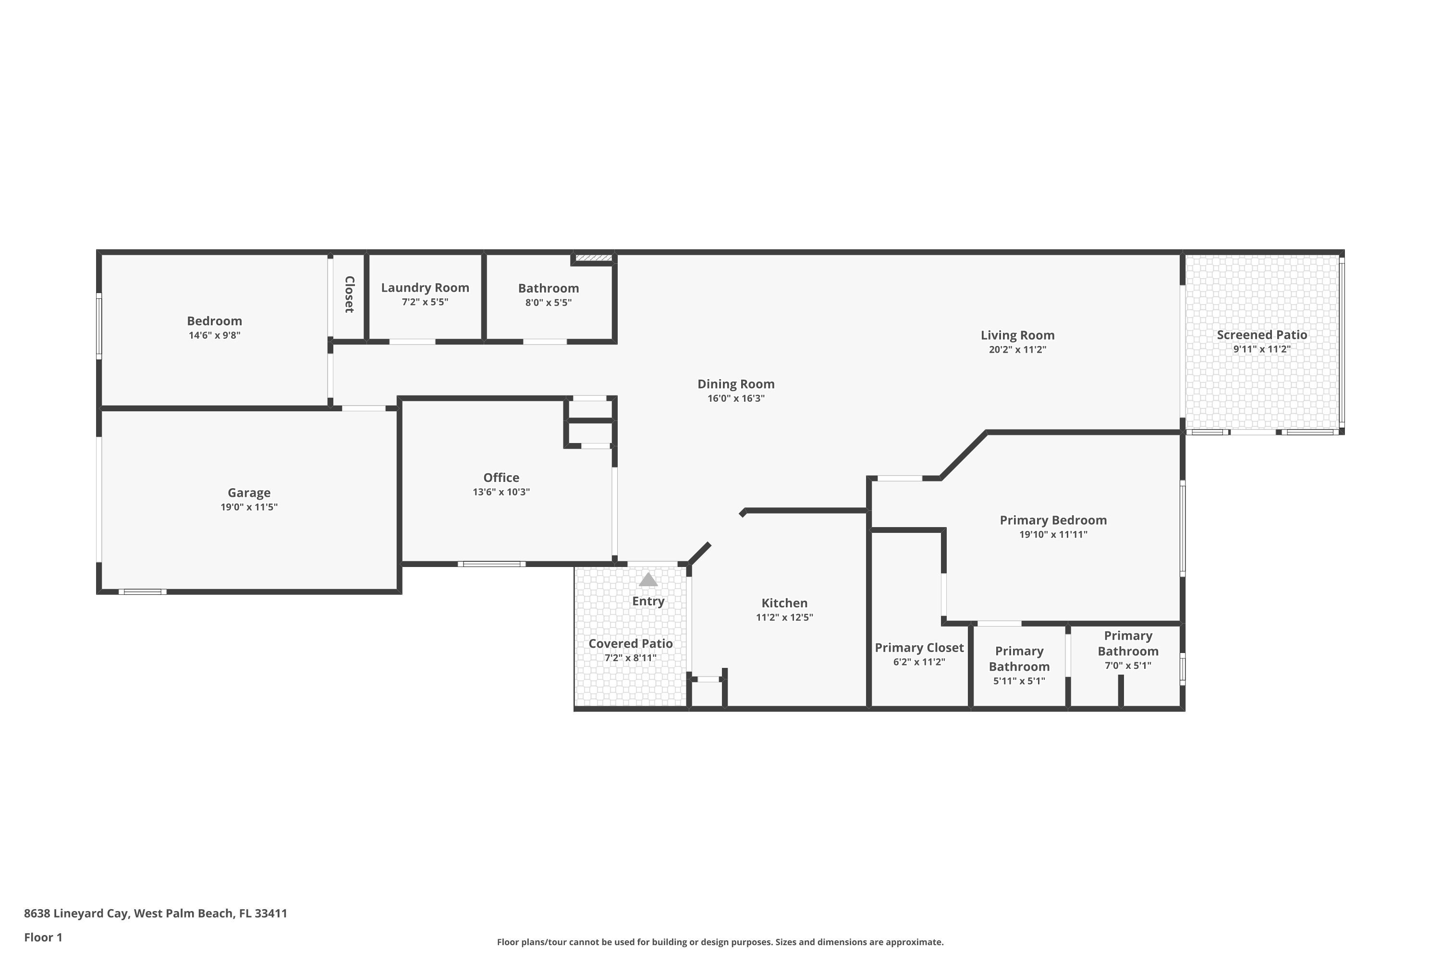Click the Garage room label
[249, 493]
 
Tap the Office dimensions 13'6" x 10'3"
[501, 492]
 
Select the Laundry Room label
[425, 287]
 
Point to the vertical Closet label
[349, 294]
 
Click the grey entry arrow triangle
[648, 580]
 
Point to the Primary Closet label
[919, 648]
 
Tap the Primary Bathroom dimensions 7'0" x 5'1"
[1127, 665]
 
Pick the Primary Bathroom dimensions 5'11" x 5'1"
[1019, 681]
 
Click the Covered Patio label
[630, 643]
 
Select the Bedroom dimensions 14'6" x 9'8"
[214, 335]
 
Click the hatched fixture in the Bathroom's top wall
[593, 258]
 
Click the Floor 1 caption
[43, 937]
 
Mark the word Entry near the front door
[648, 601]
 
